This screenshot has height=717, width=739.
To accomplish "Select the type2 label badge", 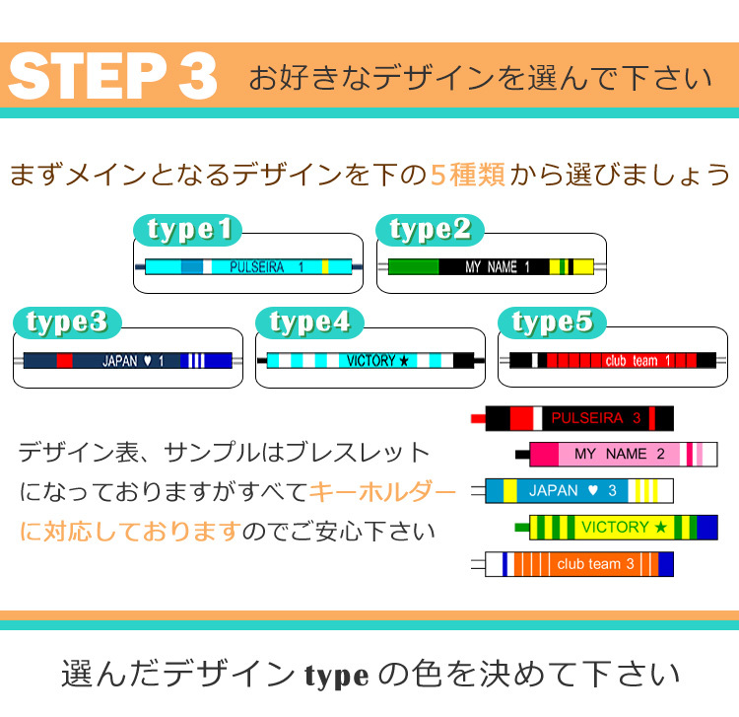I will click(430, 230).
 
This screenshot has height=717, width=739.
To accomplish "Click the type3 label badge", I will click(66, 323).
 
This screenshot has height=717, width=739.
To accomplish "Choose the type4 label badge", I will click(309, 323).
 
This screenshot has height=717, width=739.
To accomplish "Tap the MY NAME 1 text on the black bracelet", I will click(498, 266).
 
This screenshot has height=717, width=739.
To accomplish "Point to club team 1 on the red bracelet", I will click(638, 361).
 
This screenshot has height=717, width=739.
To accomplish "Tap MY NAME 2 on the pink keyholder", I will click(611, 454).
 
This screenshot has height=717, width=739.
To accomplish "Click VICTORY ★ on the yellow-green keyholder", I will click(624, 527).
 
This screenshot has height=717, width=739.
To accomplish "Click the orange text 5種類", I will click(468, 176).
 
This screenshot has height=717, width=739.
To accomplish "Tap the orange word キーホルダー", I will click(383, 491).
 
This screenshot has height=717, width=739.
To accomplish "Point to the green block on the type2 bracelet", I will click(413, 266).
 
